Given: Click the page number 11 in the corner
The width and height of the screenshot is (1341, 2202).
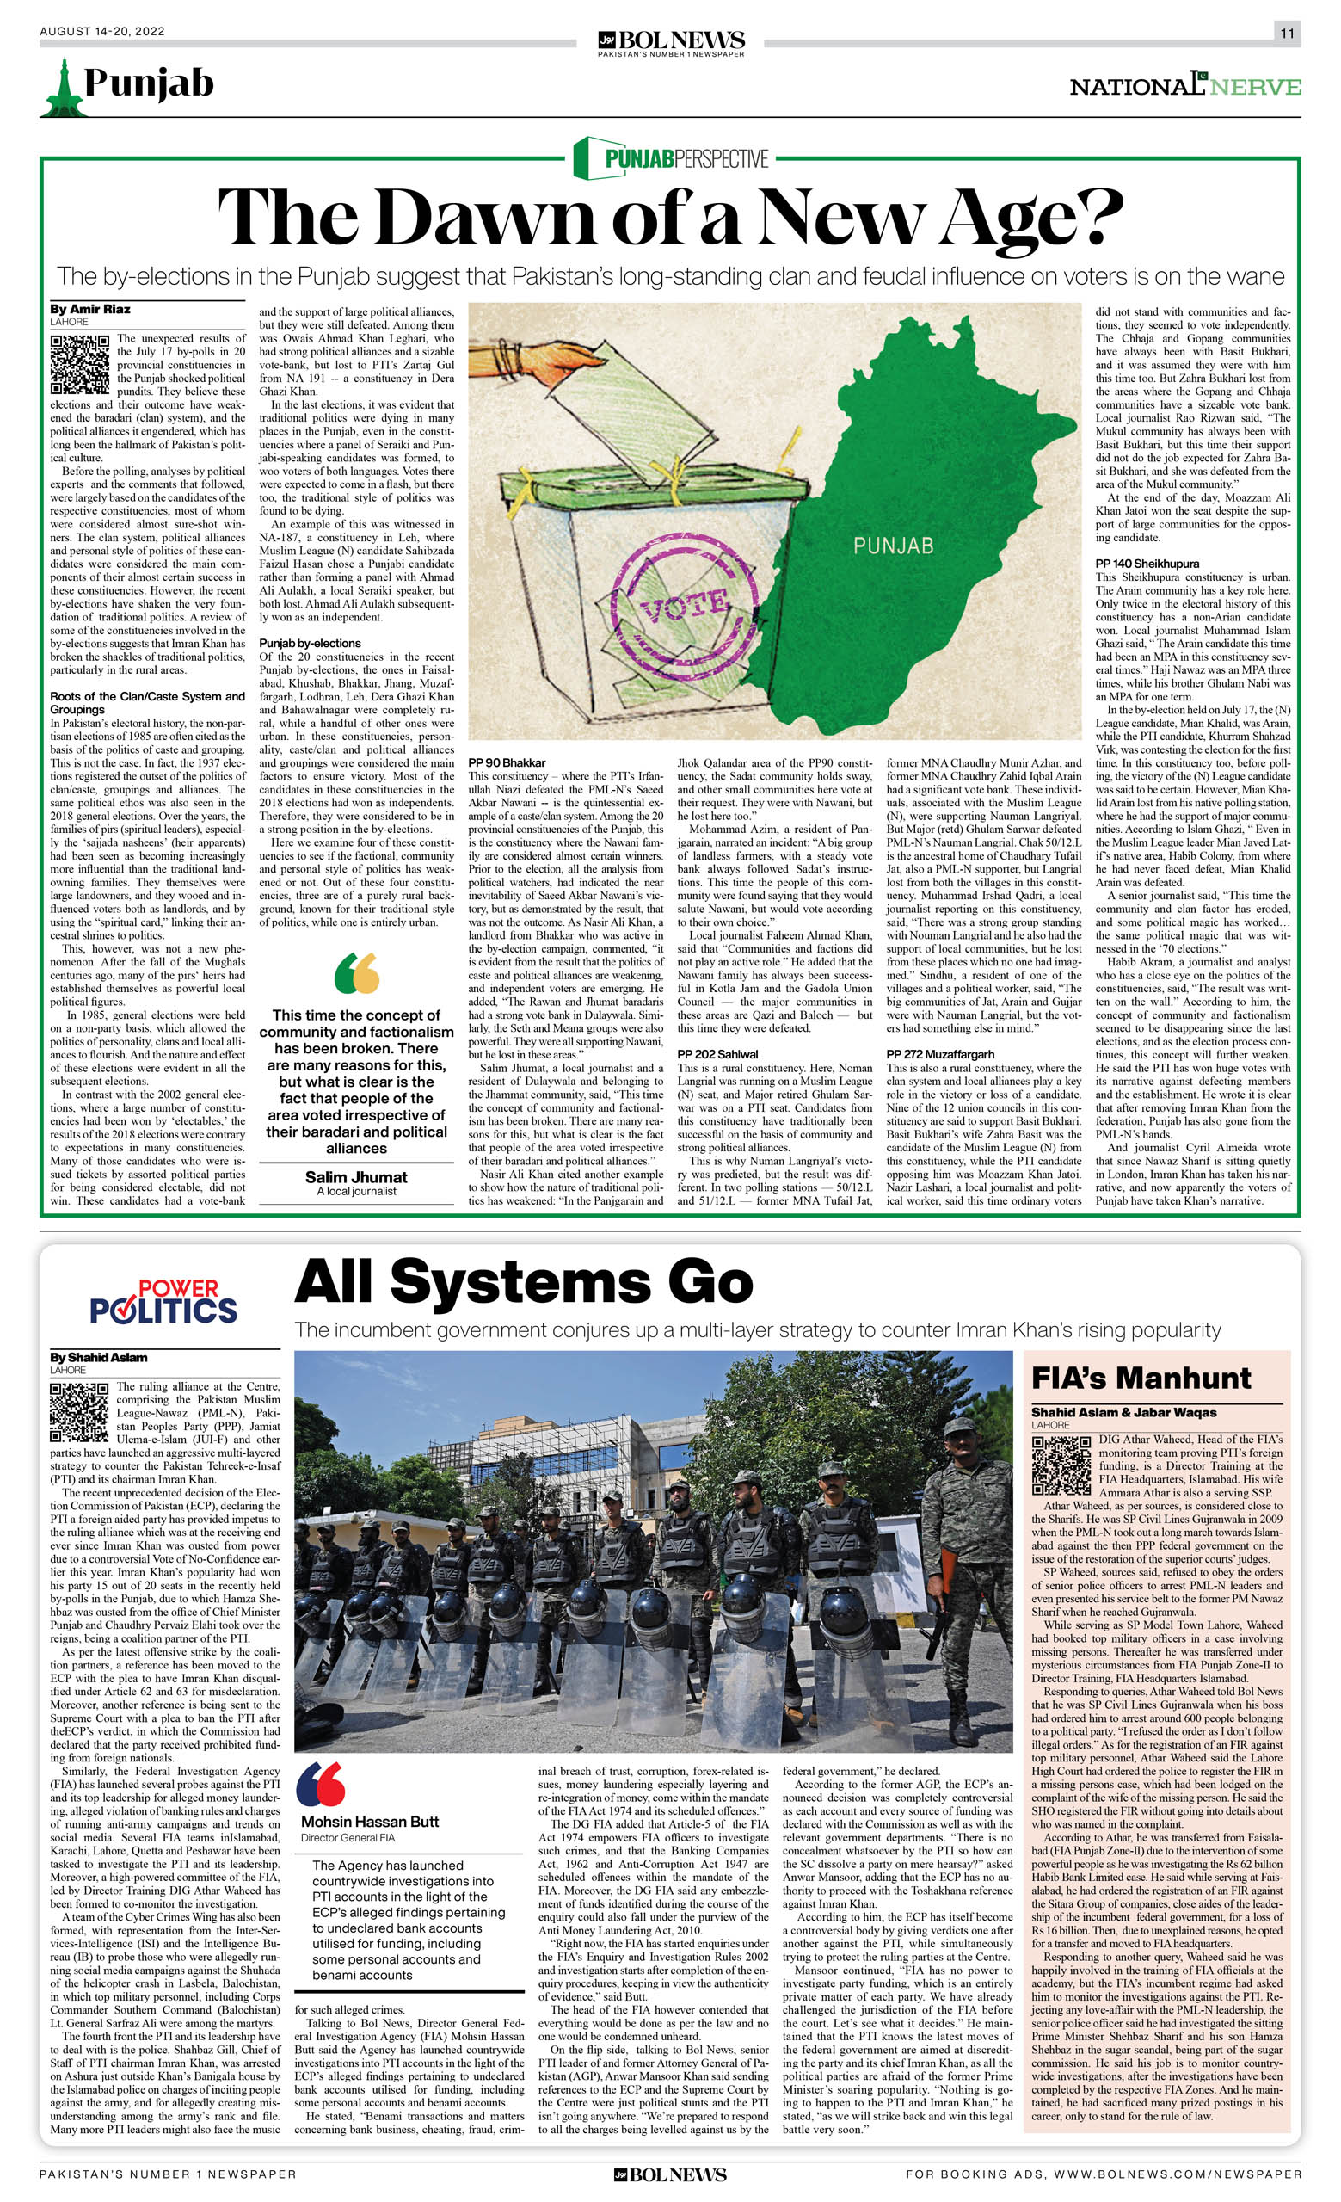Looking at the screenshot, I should (1287, 34).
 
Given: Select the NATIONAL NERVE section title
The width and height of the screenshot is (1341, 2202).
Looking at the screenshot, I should (1184, 86).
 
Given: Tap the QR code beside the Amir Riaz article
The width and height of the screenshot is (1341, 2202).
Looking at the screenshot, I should (79, 364).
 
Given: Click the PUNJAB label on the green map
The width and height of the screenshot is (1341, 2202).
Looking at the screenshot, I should (893, 546).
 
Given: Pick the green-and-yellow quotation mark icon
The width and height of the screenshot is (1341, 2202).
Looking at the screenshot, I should (356, 973).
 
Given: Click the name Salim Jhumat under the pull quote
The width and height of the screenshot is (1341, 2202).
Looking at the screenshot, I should (355, 1177).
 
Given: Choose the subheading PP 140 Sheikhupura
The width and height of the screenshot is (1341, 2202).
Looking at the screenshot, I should (1147, 564).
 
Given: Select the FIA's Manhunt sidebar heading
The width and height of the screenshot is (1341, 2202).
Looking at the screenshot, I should (1141, 1378).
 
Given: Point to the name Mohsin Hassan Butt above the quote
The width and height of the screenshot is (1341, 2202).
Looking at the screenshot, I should (370, 1796).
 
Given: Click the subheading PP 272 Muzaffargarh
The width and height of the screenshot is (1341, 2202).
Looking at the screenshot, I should (940, 1054).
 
